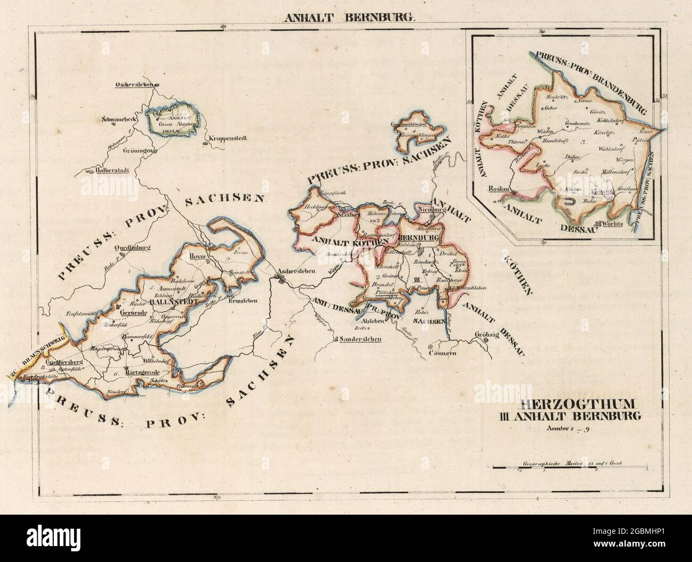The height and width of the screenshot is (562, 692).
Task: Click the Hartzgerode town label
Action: click(142, 372)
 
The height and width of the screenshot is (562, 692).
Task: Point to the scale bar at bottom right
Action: click(570, 468)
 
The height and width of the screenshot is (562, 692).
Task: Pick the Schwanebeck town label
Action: click(120, 120)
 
